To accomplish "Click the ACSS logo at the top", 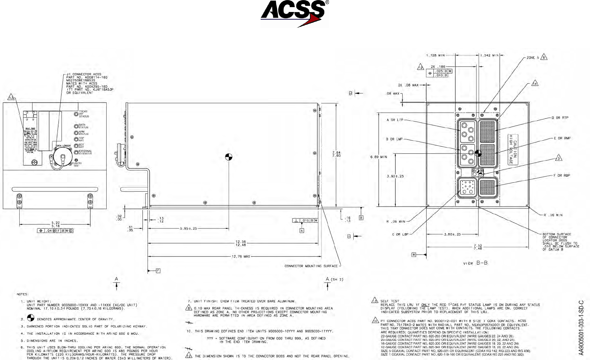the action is pos(295,13).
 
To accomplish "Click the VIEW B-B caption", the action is pos(475,263).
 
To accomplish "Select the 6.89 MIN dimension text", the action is pos(378,157).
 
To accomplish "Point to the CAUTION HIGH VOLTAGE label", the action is pos(513,149).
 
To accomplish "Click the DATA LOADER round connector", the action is pos(62,157).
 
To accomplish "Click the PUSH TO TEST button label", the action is pos(77,164).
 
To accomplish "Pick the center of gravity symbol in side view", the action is pos(228,157).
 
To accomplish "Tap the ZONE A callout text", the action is pos(533,58).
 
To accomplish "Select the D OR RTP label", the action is pos(560,118).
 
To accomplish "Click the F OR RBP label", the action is pos(562,176).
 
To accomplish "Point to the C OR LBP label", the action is pos(400,235).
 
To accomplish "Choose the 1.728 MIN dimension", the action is pos(435,55).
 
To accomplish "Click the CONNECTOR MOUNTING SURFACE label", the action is pos(311,266).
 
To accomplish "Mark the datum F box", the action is pos(158,271).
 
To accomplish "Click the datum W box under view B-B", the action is pos(414,255).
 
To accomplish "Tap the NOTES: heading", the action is pos(22,294).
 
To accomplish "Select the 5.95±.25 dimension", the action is pos(188,229).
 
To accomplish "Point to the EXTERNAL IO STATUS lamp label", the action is pos(85,152).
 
